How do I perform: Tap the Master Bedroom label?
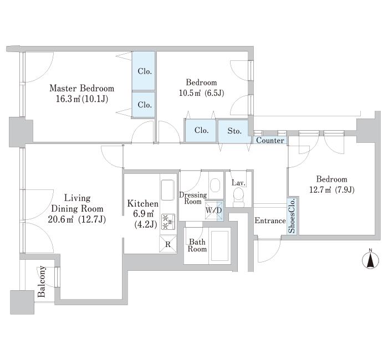point(82,88)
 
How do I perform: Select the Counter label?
point(270,141)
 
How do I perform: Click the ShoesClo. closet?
point(292,215)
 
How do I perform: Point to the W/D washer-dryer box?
point(214,211)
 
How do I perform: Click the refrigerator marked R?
point(168,244)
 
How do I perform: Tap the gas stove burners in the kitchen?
point(169,222)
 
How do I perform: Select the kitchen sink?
point(168,190)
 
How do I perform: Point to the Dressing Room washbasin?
point(215,184)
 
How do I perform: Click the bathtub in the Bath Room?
point(219,246)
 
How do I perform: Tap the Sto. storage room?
point(234,131)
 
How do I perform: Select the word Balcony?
point(42,281)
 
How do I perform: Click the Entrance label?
point(270,220)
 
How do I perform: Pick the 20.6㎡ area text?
point(60,219)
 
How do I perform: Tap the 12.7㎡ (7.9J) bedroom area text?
point(332,190)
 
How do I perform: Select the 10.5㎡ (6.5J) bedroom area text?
point(201,93)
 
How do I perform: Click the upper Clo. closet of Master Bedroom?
point(144,71)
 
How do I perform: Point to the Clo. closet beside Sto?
point(201,131)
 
